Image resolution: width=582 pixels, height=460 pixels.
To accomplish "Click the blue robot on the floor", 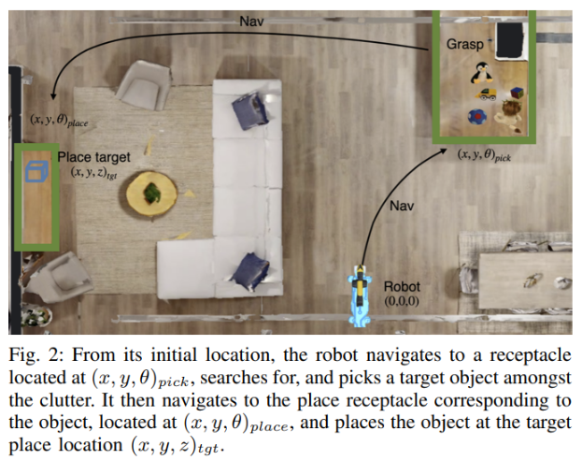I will coord(359,297).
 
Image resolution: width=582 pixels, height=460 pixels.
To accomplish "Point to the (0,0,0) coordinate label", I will coord(403,302).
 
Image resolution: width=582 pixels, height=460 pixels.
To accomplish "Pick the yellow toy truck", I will coord(487,94).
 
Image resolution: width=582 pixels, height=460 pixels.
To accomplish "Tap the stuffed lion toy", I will coord(510,113).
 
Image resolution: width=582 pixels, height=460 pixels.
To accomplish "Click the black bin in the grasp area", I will coord(511,42).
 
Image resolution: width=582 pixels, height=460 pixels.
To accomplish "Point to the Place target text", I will coord(93,157).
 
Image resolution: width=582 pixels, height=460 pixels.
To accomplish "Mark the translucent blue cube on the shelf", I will coord(36,172).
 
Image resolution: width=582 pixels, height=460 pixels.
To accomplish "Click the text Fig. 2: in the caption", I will coord(35,356).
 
